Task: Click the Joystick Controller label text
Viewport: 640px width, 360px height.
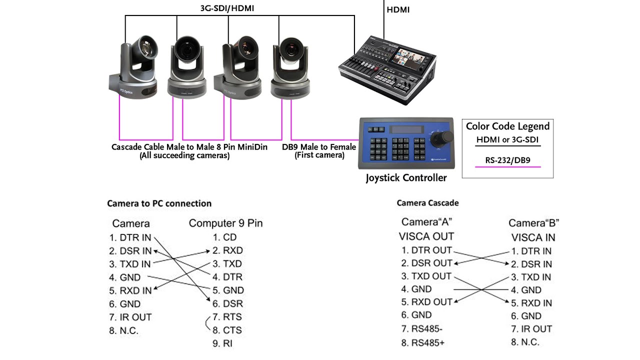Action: (x=406, y=177)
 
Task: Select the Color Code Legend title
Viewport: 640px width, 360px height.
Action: (x=507, y=126)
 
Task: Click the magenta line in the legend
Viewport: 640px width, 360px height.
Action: (x=507, y=166)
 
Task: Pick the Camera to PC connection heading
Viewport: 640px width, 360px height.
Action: (x=159, y=203)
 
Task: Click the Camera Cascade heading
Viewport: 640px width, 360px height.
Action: (x=427, y=203)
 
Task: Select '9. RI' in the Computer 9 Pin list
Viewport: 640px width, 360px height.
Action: (x=222, y=343)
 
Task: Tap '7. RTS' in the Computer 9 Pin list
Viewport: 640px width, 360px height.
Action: (x=227, y=317)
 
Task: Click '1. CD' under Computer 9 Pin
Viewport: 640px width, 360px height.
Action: (x=224, y=237)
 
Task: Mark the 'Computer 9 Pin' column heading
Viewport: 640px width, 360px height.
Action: (x=225, y=223)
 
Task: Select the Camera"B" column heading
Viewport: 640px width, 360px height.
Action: (x=533, y=223)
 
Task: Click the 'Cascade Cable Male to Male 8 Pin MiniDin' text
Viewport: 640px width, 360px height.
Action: (x=189, y=147)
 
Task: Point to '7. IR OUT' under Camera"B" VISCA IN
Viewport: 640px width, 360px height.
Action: (x=531, y=329)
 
